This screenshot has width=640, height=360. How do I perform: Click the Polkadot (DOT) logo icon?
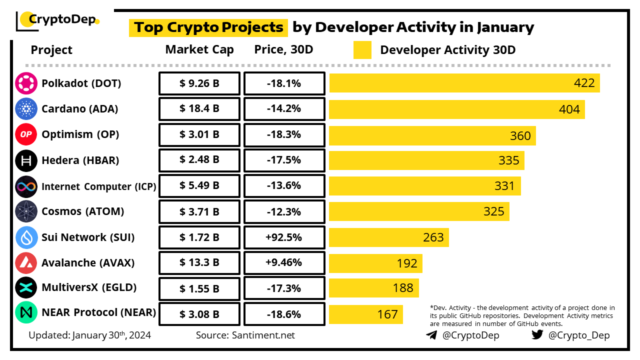[x=26, y=83]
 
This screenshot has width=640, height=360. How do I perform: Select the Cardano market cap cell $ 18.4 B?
[x=199, y=109]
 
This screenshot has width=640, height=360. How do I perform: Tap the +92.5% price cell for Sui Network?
[x=284, y=237]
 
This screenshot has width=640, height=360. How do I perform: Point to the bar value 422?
[x=584, y=83]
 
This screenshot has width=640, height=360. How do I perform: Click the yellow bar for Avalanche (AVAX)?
[x=375, y=263]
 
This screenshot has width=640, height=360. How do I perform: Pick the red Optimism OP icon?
[x=26, y=134]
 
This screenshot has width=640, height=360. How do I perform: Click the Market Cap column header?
[x=199, y=50]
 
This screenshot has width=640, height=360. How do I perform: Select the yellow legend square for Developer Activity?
[x=362, y=50]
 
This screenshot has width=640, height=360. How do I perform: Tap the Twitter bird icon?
[x=537, y=335]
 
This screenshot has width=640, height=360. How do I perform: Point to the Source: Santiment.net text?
[x=245, y=335]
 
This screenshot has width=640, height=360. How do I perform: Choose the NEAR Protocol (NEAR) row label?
[x=98, y=312]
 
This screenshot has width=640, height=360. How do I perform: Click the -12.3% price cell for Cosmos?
[x=284, y=211]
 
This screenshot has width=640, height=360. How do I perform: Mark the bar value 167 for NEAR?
[x=387, y=314]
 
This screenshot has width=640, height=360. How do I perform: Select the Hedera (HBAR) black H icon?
[x=26, y=160]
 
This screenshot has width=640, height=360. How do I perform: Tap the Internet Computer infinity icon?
[x=26, y=186]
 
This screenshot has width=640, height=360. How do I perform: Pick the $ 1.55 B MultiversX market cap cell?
[x=199, y=288]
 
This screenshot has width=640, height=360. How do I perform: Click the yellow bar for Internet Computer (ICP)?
[x=425, y=186]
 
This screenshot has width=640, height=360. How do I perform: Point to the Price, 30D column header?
[x=284, y=50]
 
